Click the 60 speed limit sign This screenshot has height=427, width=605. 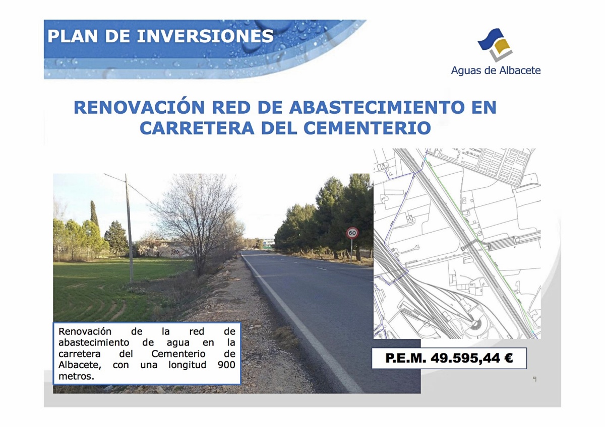pos(352,233)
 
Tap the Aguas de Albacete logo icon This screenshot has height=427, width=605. pos(495,45)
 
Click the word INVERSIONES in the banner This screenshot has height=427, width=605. pos(205,36)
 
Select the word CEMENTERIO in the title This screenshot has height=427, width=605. pos(368,128)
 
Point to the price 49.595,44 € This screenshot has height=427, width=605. pos(471,358)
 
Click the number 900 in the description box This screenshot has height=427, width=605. pos(226,365)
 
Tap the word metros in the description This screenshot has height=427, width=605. pos(77,376)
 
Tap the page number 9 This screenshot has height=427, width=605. pos(534,379)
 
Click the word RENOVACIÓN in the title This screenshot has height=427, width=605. pos(139,107)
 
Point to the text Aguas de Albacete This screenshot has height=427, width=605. pos(496,70)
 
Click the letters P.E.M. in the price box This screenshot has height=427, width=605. pos(405,358)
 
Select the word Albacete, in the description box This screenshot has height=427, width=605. pos(80,365)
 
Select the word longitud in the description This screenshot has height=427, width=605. pos(188,365)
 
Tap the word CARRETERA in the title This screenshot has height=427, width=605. pos(197,128)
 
